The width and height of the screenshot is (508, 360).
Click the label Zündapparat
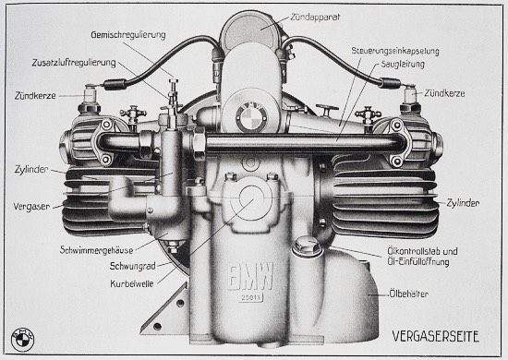click(315, 17)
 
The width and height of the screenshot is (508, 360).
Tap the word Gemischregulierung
click(128, 35)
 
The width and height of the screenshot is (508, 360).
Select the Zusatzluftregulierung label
click(74, 63)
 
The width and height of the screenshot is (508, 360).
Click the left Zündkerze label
click(35, 96)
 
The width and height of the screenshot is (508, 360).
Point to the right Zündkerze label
click(444, 93)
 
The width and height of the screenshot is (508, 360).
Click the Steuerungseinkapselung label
click(395, 51)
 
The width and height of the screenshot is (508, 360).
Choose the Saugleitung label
click(403, 64)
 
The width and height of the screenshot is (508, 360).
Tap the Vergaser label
click(31, 206)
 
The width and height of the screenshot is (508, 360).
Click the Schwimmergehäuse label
click(97, 250)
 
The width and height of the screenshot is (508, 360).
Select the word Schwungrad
click(133, 266)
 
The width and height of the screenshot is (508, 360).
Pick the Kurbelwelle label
click(132, 283)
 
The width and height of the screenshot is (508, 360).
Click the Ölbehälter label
click(408, 294)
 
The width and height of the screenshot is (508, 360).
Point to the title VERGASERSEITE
click(435, 336)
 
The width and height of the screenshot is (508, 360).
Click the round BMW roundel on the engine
click(251, 116)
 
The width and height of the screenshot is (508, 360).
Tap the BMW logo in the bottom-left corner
click(22, 340)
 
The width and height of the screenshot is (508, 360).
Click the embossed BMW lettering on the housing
click(250, 276)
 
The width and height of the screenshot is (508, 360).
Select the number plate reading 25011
click(250, 297)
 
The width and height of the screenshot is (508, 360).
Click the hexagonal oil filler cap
click(307, 246)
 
